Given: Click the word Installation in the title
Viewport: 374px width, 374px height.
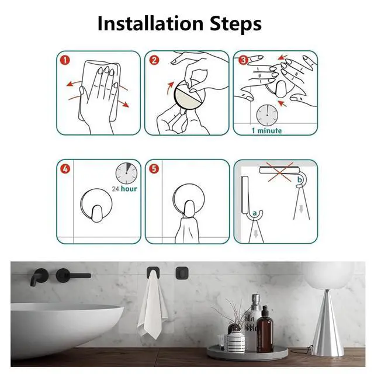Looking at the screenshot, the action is click(151, 23).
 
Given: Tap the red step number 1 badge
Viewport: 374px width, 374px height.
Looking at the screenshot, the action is click(65, 60).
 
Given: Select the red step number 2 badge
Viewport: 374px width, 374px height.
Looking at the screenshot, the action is click(154, 60).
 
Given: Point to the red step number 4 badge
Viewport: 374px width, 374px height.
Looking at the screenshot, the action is click(65, 169).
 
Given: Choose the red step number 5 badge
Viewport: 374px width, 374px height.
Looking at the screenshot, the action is click(154, 169).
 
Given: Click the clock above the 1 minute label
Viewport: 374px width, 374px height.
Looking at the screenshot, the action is click(267, 116).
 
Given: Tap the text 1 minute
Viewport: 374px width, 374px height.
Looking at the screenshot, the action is click(267, 131).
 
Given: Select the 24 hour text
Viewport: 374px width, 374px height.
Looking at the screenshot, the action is click(124, 189).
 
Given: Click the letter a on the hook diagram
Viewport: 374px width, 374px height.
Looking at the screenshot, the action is click(255, 213).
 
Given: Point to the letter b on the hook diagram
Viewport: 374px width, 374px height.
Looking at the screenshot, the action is click(300, 179).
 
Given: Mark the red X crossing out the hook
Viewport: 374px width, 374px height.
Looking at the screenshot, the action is click(280, 172).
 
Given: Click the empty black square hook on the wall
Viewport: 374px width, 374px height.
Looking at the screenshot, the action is click(182, 273).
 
